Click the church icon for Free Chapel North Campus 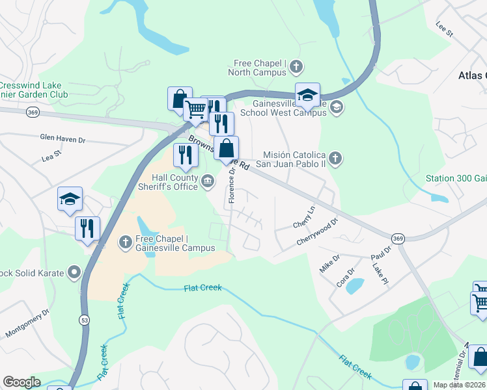296,66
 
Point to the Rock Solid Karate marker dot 74,271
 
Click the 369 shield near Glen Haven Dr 32,112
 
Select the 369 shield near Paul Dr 398,239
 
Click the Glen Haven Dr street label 63,139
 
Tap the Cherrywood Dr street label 317,231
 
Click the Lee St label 443,29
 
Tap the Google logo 21,382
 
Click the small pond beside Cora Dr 355,285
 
